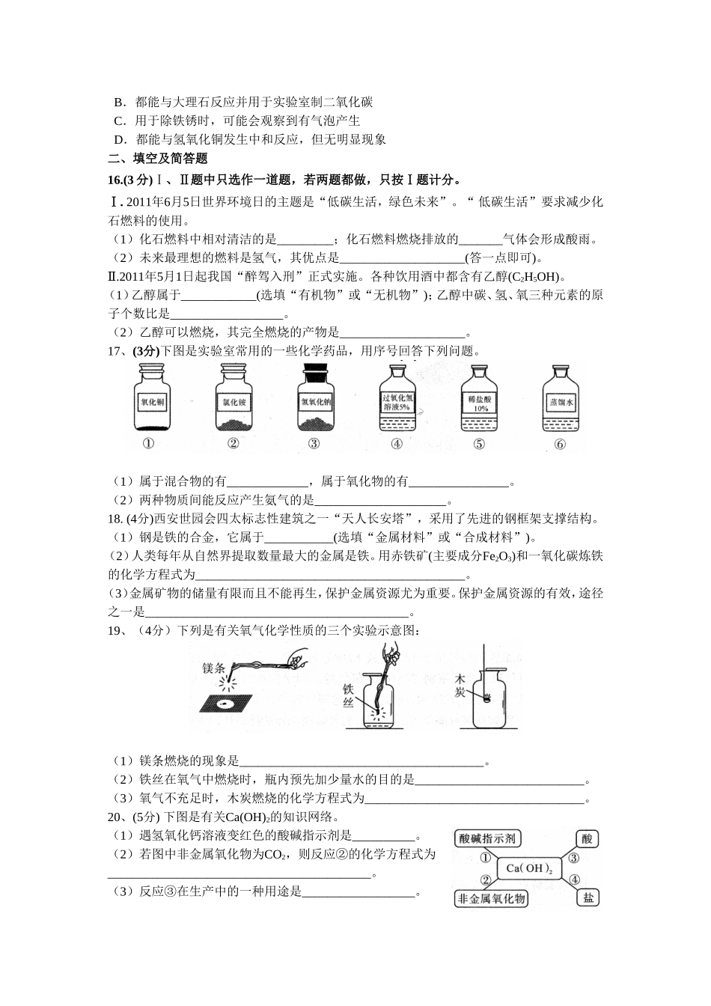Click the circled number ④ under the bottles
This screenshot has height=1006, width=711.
click(x=397, y=444)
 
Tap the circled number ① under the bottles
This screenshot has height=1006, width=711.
click(x=148, y=444)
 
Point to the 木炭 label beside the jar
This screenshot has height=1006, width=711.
click(x=461, y=686)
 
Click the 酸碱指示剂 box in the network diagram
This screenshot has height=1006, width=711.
click(x=488, y=839)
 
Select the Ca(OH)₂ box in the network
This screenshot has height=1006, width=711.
click(x=529, y=868)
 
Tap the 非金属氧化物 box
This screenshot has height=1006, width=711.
click(x=491, y=898)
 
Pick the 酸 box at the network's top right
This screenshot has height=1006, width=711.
click(x=588, y=839)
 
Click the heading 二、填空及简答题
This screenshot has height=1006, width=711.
click(x=158, y=158)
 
